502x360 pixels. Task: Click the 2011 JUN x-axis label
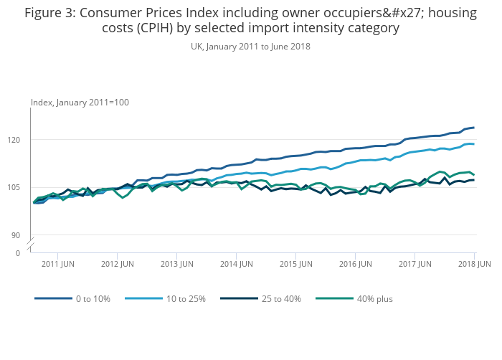(59, 264)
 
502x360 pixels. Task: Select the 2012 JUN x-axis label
(118, 264)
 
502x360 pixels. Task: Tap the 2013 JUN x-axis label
(178, 264)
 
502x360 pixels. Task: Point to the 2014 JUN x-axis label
(237, 264)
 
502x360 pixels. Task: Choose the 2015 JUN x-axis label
(297, 264)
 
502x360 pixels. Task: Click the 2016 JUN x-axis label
(356, 264)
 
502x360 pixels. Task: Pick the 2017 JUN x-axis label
(416, 264)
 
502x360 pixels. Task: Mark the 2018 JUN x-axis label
(475, 264)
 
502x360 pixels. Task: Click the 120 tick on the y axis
(22, 139)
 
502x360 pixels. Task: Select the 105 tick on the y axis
(22, 187)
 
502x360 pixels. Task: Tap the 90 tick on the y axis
(24, 235)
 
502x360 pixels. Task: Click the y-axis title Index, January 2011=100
(80, 103)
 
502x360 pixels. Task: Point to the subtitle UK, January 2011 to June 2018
(250, 46)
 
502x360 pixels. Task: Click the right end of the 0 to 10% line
(474, 128)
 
